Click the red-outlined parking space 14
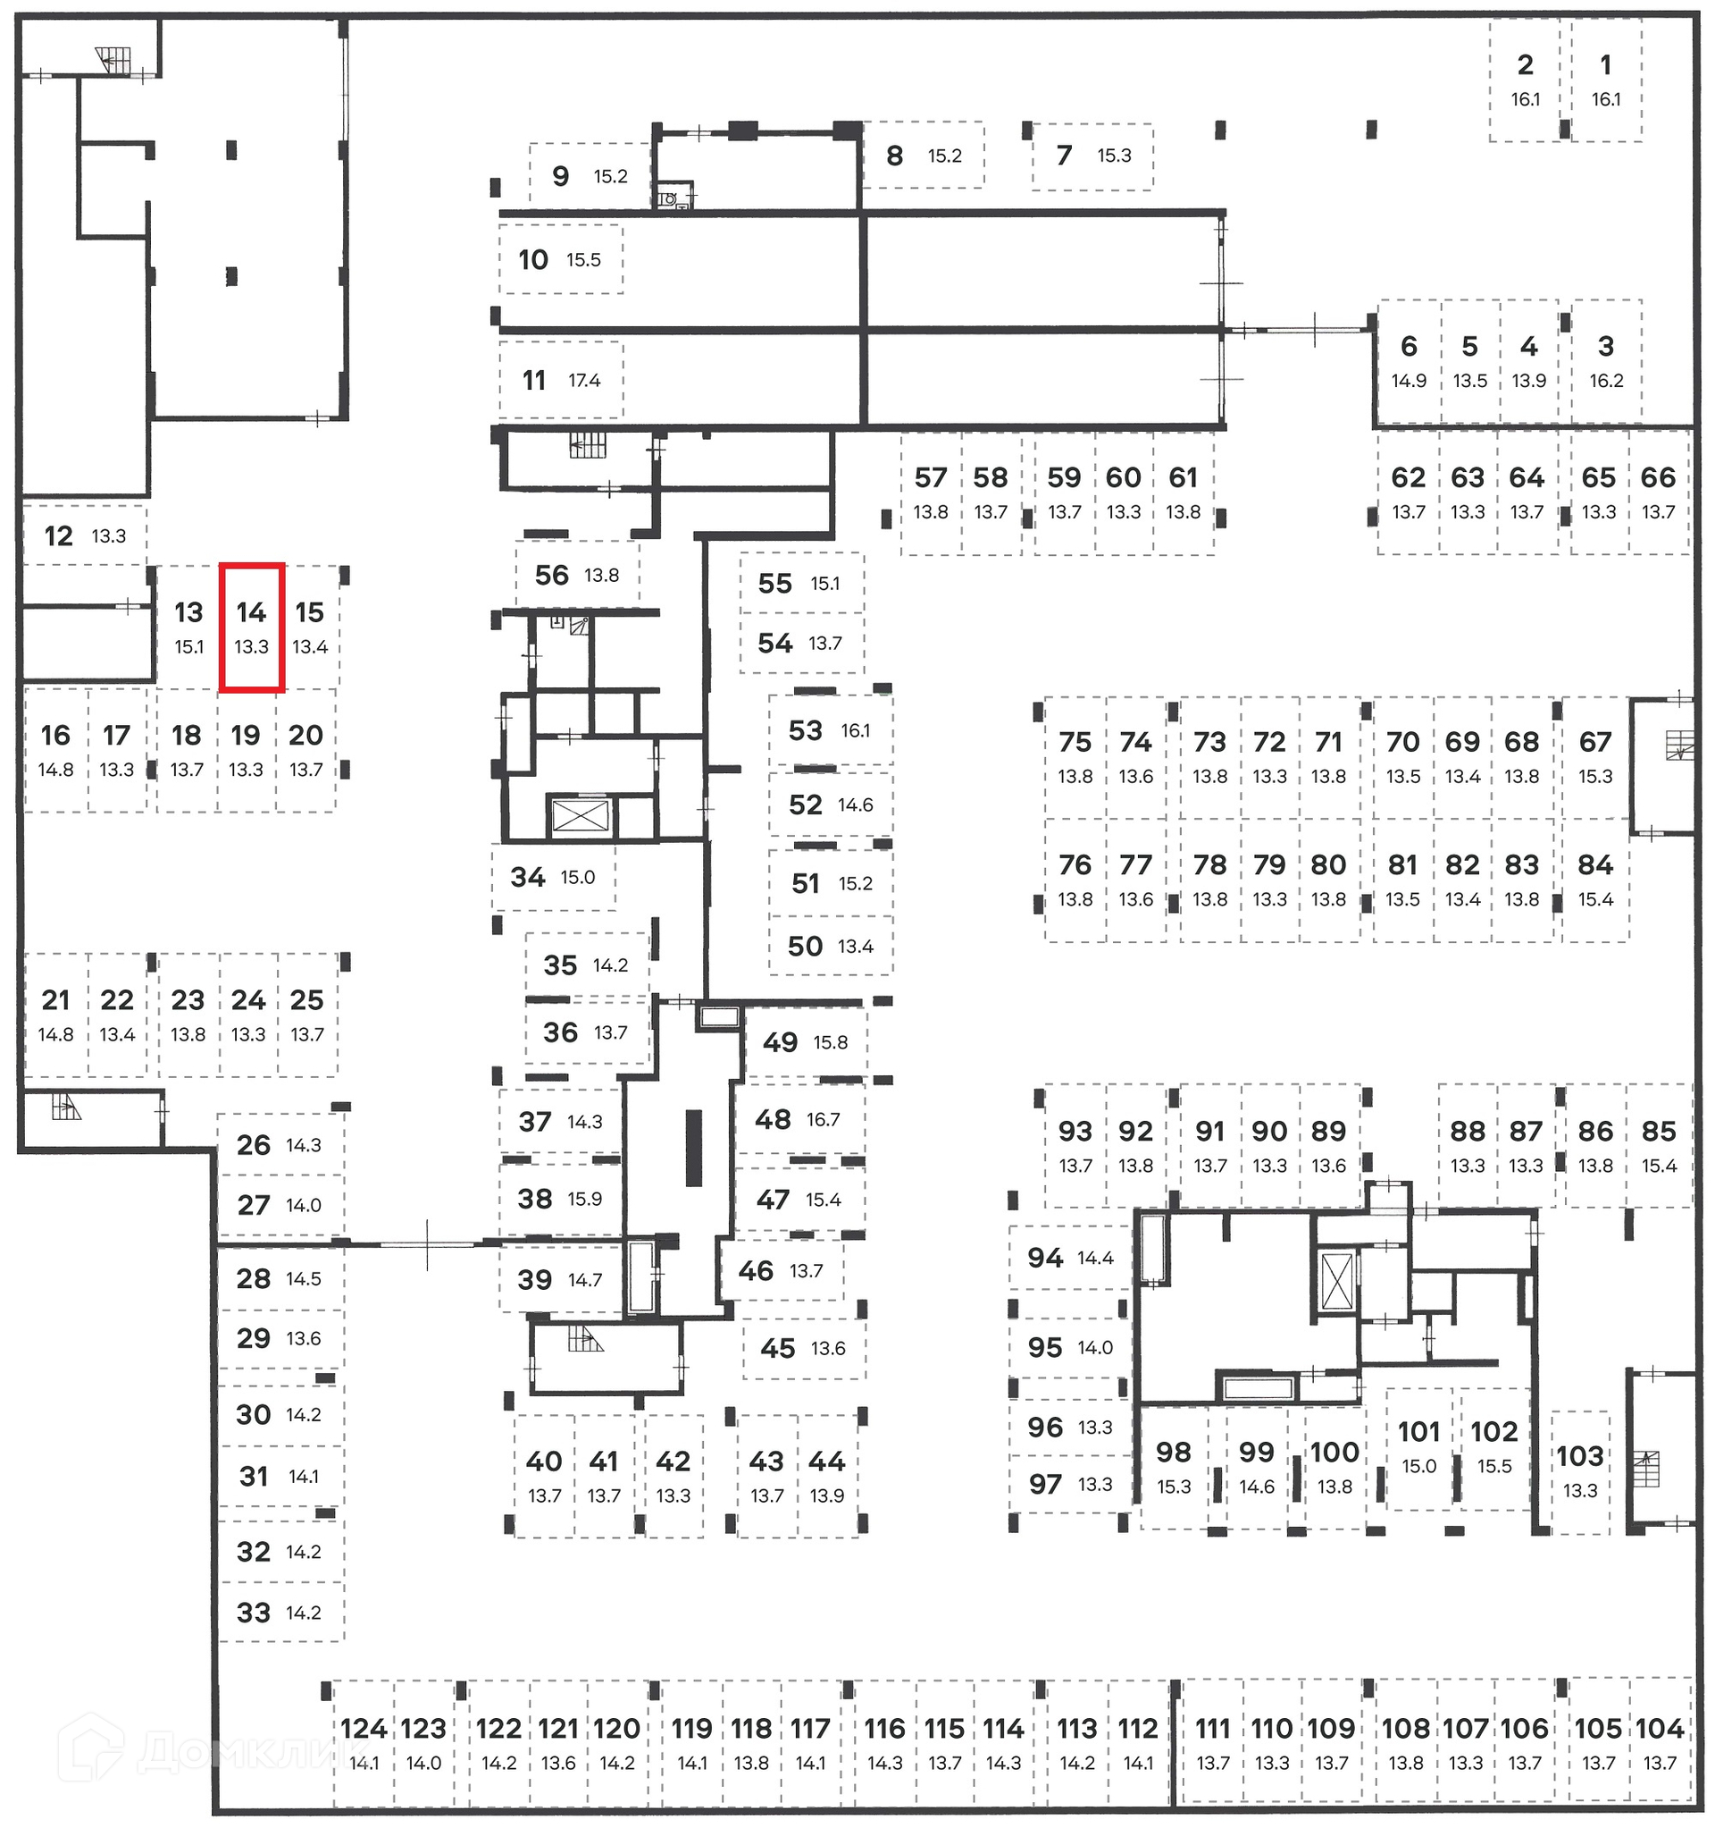coord(251,628)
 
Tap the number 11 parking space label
coord(534,380)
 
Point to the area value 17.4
coord(584,381)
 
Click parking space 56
coord(576,575)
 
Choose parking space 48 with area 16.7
coord(798,1119)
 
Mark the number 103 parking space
coord(1579,1470)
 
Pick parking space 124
coord(364,1741)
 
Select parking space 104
coord(1659,1741)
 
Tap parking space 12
coord(83,535)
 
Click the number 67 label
coord(1594,741)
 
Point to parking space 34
coord(552,877)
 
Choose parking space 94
coord(1069,1257)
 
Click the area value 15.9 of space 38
coord(584,1199)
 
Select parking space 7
coord(1091,156)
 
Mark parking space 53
coord(829,730)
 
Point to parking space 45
coord(802,1348)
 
